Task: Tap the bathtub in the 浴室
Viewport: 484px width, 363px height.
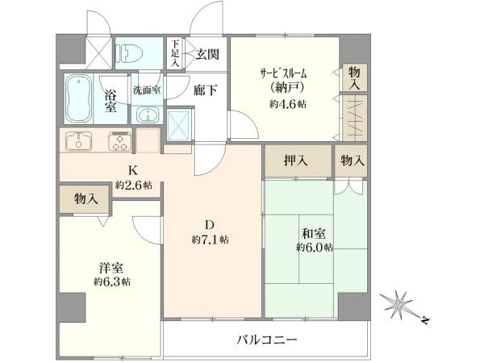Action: tap(79, 98)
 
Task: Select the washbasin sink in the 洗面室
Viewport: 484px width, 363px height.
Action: tap(147, 115)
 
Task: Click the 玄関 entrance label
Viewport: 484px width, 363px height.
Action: tap(207, 54)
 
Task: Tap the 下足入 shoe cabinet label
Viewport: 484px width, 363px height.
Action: tap(175, 52)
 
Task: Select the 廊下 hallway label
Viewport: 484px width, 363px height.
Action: tap(205, 90)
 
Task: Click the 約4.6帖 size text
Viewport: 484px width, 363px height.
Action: tap(287, 104)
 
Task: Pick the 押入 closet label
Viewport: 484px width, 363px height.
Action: tap(296, 161)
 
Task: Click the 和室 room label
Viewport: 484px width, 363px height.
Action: tap(314, 233)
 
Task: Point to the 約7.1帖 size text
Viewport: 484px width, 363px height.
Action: tap(210, 240)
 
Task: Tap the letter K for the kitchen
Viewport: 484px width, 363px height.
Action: tap(133, 170)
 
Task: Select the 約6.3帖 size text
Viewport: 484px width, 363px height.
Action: tap(112, 282)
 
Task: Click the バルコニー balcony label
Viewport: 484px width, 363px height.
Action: tap(267, 340)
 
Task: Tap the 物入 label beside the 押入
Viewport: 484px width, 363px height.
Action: tap(353, 161)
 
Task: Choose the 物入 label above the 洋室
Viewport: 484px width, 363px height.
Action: tap(86, 198)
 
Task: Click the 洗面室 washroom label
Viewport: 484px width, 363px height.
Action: tap(147, 90)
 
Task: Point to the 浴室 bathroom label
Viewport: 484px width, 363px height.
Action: tap(111, 101)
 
